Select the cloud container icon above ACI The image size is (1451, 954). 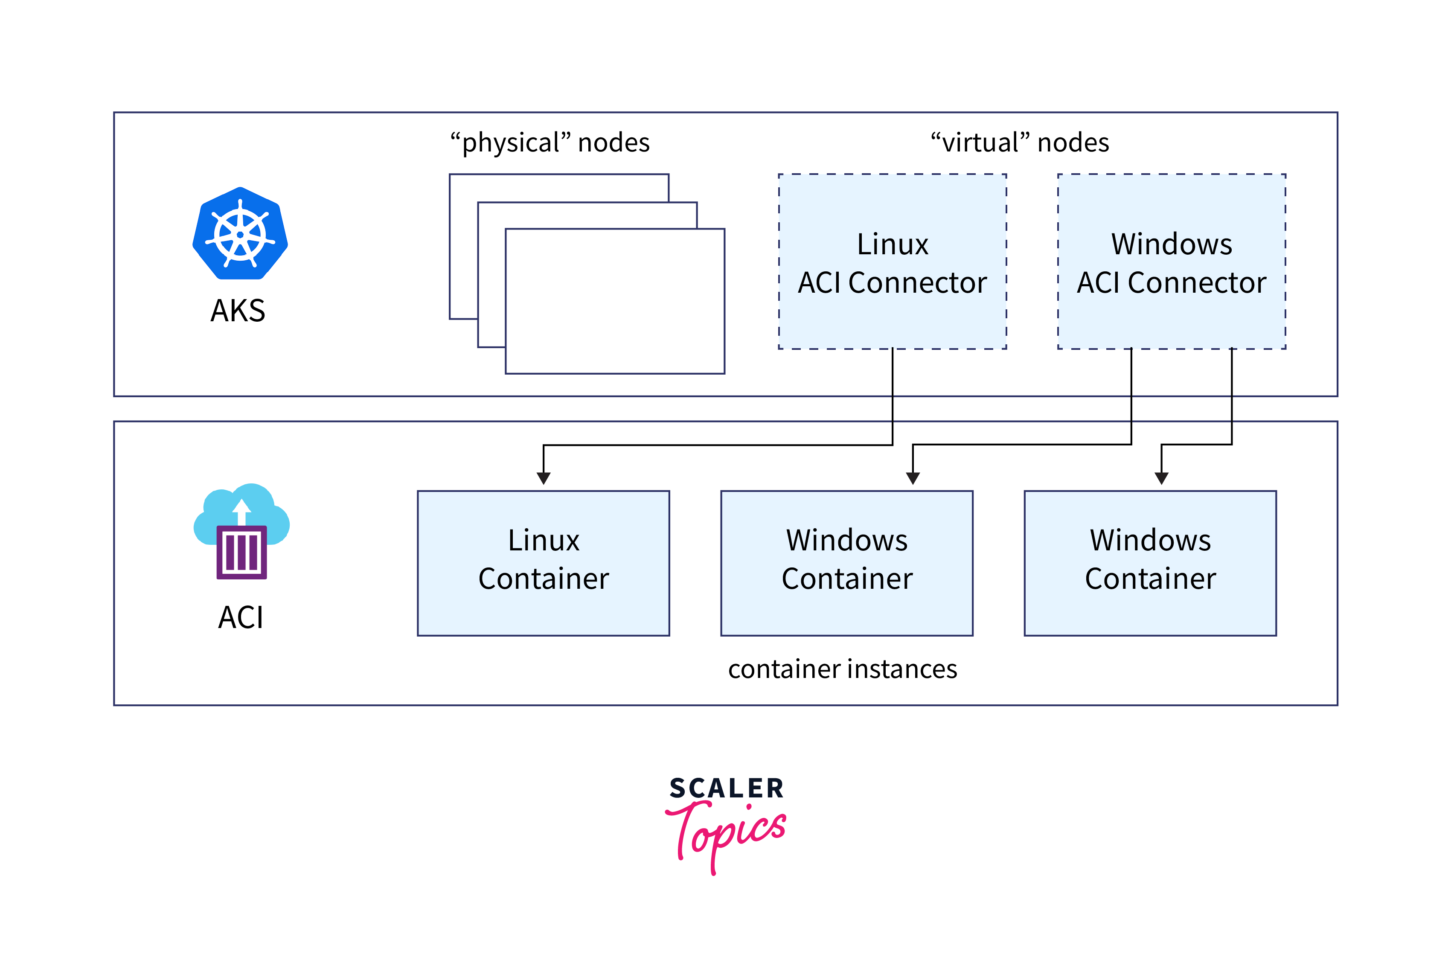[241, 531]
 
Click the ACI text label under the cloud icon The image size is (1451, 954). [241, 617]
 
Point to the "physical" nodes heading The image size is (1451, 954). [550, 143]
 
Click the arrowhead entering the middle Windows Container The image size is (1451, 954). [913, 478]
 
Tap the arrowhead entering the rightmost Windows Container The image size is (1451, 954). [1161, 478]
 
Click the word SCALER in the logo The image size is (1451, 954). [726, 788]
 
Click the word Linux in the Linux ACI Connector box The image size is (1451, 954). [893, 244]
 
